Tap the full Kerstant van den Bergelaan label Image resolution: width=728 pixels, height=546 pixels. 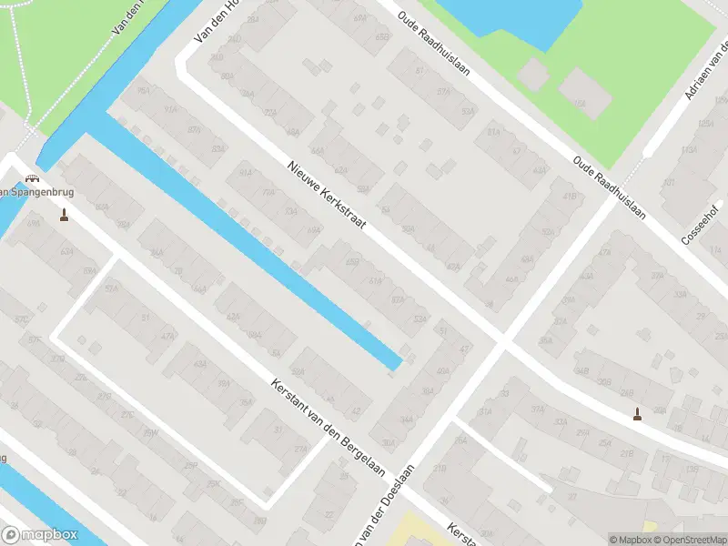click(329, 430)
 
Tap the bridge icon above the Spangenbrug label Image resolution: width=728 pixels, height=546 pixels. click(34, 178)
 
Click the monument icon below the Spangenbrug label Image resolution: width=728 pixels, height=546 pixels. click(64, 216)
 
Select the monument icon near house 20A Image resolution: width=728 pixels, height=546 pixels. click(637, 415)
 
